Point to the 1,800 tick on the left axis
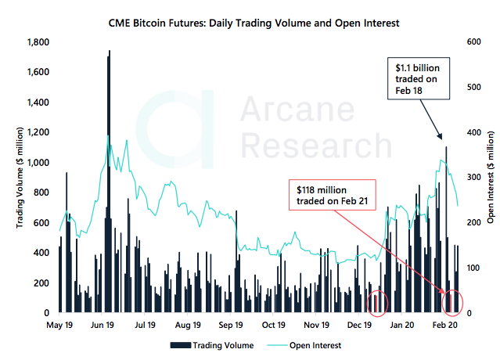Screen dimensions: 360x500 tap(38, 42)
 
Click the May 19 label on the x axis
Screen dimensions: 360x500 tap(60, 324)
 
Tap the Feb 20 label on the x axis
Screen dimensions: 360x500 tap(444, 324)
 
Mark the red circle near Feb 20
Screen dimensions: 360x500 tap(452, 301)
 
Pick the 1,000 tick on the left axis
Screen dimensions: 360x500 tap(38, 162)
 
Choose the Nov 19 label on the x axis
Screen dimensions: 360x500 tap(316, 324)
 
